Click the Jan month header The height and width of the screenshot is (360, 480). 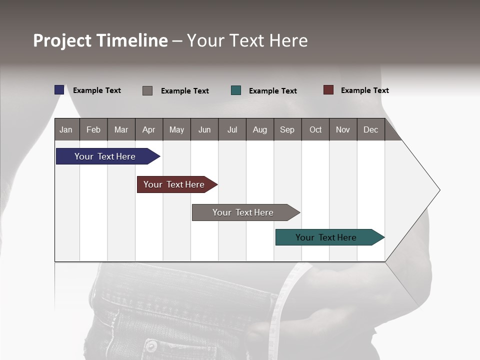pyautogui.click(x=66, y=129)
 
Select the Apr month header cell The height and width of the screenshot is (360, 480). pyautogui.click(x=148, y=129)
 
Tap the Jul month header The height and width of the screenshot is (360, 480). pyautogui.click(x=232, y=129)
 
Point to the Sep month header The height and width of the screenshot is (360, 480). pyautogui.click(x=287, y=129)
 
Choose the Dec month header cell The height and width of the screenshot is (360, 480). pyautogui.click(x=370, y=129)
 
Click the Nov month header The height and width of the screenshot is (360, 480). pyautogui.click(x=342, y=129)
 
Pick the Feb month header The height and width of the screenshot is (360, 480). pyautogui.click(x=93, y=129)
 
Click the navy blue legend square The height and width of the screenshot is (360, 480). pyautogui.click(x=59, y=90)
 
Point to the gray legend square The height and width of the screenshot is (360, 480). pyautogui.click(x=147, y=90)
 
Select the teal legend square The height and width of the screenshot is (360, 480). pyautogui.click(x=235, y=90)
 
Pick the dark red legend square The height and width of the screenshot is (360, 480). pyautogui.click(x=328, y=90)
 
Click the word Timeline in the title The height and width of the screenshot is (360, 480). pyautogui.click(x=132, y=40)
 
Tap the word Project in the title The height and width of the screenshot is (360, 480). pyautogui.click(x=63, y=40)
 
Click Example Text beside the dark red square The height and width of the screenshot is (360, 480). pyautogui.click(x=364, y=90)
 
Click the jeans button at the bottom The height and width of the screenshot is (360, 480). pyautogui.click(x=150, y=346)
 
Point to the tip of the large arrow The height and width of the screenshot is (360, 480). pyautogui.click(x=439, y=190)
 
